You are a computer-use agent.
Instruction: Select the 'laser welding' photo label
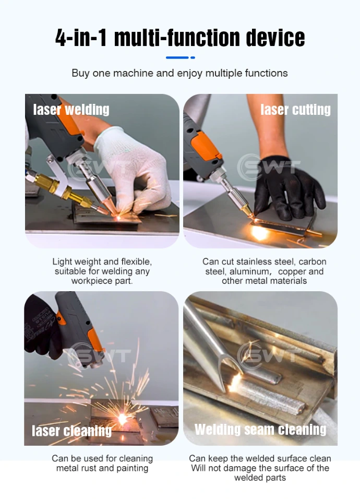pos(71,110)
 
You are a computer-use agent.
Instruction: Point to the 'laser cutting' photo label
pos(295,110)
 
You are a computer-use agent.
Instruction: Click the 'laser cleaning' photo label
pos(71,431)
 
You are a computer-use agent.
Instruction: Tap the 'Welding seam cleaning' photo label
pos(260,430)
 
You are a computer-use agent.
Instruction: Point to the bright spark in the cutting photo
pos(259,231)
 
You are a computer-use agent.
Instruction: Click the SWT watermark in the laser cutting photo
pos(268,168)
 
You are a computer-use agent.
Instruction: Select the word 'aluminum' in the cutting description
pos(254,271)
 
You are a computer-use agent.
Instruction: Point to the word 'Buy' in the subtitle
pos(80,73)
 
